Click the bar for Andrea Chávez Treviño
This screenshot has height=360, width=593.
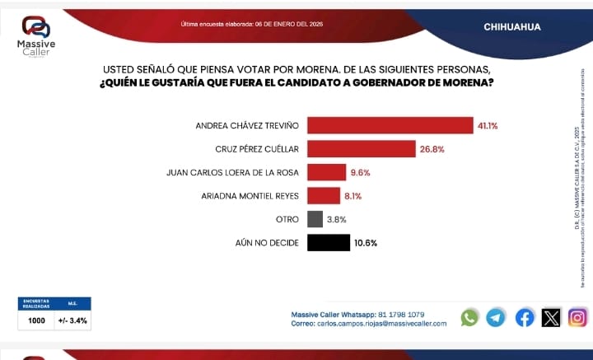click(390, 125)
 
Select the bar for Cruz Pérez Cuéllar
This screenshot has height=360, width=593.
click(361, 149)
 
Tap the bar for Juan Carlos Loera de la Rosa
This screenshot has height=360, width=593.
click(326, 172)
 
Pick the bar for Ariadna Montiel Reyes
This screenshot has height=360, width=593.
click(323, 196)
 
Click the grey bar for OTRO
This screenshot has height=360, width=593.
click(315, 219)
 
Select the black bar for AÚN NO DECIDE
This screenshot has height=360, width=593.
click(328, 243)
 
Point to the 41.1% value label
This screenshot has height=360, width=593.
click(488, 126)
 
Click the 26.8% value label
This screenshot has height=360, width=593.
click(432, 149)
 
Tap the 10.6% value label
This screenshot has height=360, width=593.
click(366, 243)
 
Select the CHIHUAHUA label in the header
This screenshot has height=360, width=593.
click(512, 26)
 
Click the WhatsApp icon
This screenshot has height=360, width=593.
click(469, 317)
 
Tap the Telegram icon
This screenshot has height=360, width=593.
click(496, 317)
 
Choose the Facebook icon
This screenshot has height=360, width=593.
click(525, 317)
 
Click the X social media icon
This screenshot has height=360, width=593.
click(551, 317)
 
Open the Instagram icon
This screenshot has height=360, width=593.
click(578, 317)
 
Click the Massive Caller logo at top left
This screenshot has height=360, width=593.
click(35, 35)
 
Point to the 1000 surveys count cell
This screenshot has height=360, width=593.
click(36, 320)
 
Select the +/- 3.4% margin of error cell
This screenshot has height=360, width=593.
click(72, 320)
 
